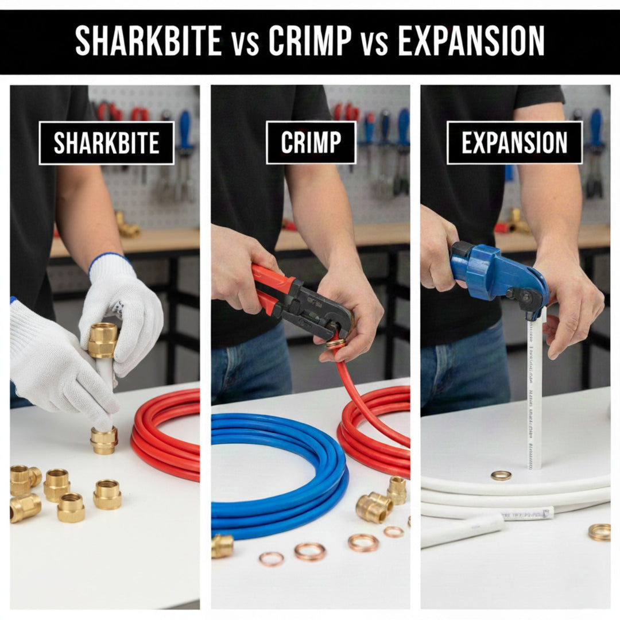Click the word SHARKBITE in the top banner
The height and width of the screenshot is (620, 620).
(x=148, y=41)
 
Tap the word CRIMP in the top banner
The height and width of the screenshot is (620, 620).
(x=310, y=41)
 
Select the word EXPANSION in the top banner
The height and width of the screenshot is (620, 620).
(x=471, y=41)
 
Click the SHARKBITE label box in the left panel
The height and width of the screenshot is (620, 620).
(x=106, y=143)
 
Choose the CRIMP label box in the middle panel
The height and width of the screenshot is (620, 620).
(x=311, y=142)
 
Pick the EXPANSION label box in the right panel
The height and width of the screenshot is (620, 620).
(x=514, y=142)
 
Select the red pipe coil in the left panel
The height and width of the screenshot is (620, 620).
(x=166, y=436)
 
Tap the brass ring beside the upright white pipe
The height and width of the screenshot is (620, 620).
(x=501, y=475)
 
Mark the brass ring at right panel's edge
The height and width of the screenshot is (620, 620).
(x=599, y=532)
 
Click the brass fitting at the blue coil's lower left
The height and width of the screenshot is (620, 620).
(x=222, y=546)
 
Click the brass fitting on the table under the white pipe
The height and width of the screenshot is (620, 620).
(x=104, y=440)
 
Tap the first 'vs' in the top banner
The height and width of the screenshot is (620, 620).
(x=245, y=43)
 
